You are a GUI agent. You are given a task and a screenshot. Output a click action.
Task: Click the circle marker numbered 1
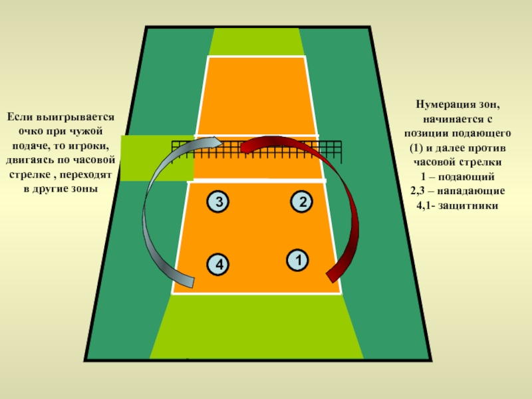(297, 259)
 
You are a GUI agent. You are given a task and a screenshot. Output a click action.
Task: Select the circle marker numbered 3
(216, 201)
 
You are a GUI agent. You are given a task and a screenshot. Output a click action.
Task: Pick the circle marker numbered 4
(216, 264)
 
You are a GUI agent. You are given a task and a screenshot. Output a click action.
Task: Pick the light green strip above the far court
(256, 41)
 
